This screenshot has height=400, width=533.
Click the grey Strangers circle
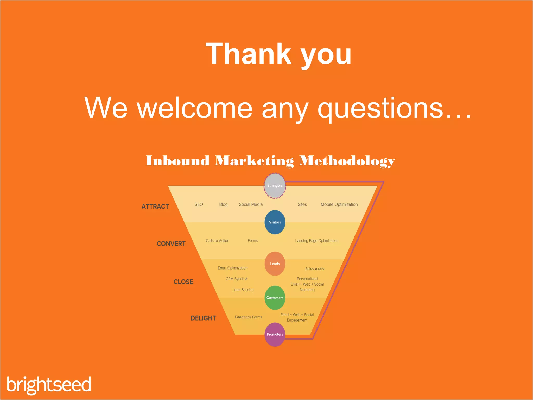(275, 186)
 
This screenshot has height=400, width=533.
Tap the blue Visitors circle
(275, 222)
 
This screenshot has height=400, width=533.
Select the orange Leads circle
(275, 264)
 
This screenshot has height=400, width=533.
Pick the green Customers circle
(275, 298)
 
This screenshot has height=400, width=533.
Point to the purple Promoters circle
(275, 334)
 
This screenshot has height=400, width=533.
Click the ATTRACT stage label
(155, 207)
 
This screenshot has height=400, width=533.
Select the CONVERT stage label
(171, 244)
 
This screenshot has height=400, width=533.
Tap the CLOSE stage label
(183, 282)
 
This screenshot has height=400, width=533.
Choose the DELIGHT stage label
(203, 318)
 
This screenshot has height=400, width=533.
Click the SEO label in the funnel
(199, 204)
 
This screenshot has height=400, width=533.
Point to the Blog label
(223, 204)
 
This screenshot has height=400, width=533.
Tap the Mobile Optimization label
(339, 204)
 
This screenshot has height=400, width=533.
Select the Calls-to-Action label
(217, 241)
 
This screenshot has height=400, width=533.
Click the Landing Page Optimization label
(317, 241)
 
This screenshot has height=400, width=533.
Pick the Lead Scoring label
(243, 290)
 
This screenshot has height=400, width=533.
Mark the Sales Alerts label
(314, 269)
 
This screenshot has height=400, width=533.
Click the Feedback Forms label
(248, 317)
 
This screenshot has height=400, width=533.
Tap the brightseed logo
(49, 385)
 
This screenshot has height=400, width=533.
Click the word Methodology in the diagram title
(347, 161)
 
